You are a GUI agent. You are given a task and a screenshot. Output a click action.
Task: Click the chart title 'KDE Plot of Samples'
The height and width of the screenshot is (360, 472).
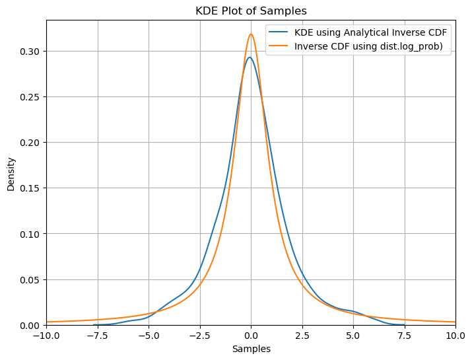tap(251, 11)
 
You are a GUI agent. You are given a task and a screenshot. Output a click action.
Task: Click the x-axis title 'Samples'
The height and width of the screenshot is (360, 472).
tap(251, 349)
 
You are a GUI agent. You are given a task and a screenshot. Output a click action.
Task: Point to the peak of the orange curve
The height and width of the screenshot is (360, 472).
tap(251, 34)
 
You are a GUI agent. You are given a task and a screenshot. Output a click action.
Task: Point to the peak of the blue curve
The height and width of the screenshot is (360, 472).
tap(250, 57)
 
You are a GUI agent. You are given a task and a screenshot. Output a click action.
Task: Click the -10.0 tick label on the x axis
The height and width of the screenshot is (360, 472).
tap(46, 336)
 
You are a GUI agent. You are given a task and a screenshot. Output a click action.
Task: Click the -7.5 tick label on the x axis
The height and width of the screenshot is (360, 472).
tap(97, 336)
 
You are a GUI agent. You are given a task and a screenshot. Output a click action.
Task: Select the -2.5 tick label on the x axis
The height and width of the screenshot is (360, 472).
tap(199, 336)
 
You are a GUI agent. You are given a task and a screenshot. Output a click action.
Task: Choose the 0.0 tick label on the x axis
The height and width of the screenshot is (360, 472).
tap(251, 336)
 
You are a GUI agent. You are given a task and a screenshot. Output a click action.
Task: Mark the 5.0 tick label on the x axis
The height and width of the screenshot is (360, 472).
tap(353, 336)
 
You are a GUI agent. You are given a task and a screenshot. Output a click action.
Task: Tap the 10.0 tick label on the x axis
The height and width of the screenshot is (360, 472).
tap(455, 336)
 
